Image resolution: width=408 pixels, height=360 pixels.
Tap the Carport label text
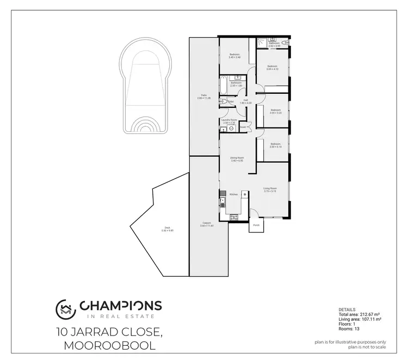[206, 223]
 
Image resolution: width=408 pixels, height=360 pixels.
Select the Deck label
[167, 228]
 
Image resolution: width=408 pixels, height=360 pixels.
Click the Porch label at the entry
[256, 225]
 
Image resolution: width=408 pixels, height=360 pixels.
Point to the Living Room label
[270, 188]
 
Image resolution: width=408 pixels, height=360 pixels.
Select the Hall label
[245, 101]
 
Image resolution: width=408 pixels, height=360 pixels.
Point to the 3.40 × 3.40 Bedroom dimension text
[234, 57]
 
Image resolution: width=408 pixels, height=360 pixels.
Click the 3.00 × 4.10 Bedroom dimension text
[272, 69]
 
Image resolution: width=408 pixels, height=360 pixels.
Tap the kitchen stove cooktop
[234, 217]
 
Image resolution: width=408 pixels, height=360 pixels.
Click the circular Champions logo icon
[65, 309]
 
